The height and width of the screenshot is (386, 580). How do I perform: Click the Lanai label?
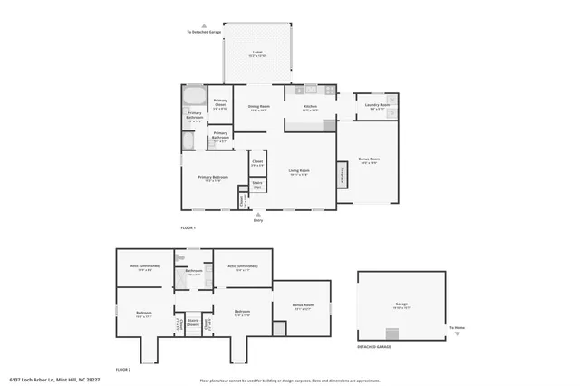tap(257, 53)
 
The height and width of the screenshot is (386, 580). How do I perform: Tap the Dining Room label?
tap(258, 108)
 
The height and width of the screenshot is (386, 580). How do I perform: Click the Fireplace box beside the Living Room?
tap(343, 173)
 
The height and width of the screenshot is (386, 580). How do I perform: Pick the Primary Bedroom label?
tap(213, 178)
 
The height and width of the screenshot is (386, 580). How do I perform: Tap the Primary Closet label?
tap(220, 104)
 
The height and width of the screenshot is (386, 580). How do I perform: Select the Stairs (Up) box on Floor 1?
tap(257, 184)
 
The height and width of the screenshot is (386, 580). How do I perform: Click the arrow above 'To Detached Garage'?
tap(204, 26)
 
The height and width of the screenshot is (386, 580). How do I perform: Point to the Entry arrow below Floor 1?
tap(257, 214)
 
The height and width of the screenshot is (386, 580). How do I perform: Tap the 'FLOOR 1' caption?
tap(188, 227)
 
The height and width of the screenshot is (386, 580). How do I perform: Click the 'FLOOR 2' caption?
tap(123, 370)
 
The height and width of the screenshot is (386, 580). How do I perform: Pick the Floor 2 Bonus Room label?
tap(303, 306)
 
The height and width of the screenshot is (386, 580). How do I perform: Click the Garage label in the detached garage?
tap(401, 304)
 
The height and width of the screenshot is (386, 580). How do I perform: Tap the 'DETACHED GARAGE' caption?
tap(373, 347)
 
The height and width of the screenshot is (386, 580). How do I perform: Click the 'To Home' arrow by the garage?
tap(458, 333)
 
